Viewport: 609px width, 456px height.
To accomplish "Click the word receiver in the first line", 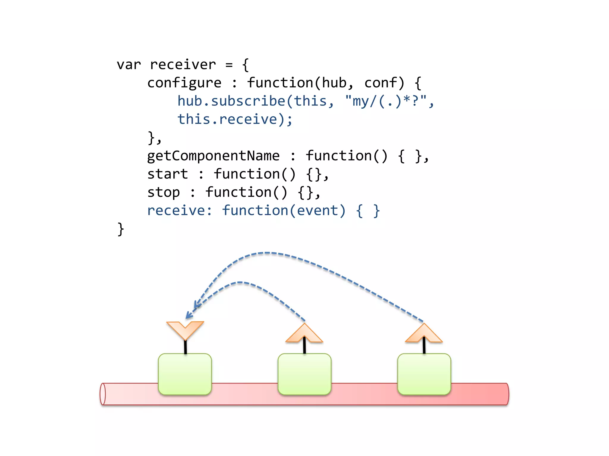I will point(183,65).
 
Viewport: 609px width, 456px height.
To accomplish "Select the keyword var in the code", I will point(128,65).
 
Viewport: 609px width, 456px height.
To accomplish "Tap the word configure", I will point(184,83).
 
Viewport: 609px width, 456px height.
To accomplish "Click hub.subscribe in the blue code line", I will point(231,101).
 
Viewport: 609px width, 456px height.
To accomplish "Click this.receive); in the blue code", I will point(235,119).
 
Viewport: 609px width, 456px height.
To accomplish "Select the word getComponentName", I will point(213,156).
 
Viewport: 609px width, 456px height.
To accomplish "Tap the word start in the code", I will point(168,174).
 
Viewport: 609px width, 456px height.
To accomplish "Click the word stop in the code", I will point(164,192).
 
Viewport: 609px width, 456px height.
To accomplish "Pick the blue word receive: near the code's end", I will point(180,210).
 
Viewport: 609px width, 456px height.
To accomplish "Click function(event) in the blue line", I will point(284,210).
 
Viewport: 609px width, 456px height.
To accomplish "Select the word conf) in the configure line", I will point(384,83).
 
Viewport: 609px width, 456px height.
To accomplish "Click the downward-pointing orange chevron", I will point(185,329).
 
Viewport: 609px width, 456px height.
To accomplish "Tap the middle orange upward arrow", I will point(304,334).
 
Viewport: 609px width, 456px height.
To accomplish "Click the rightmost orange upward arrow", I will point(424,334).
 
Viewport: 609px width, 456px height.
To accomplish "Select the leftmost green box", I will point(185,374).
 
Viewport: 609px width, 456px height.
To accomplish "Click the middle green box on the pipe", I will point(304,374).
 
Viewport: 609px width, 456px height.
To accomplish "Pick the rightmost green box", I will point(424,374).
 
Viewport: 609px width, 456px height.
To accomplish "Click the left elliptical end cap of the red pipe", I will point(103,394).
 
